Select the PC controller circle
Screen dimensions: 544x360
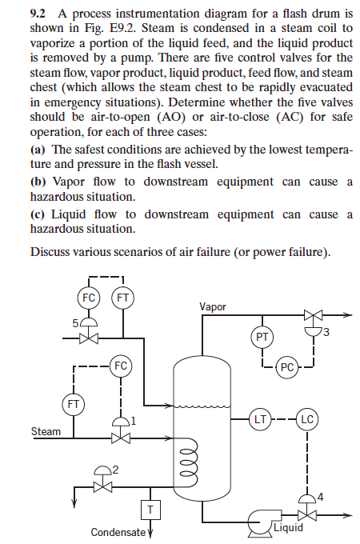point(289,368)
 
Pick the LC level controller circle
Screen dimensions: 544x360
point(308,417)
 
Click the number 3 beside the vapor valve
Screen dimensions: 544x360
point(327,333)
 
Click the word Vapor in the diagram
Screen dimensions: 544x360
point(212,306)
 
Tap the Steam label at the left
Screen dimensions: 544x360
point(46,431)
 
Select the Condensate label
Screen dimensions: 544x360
point(118,532)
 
